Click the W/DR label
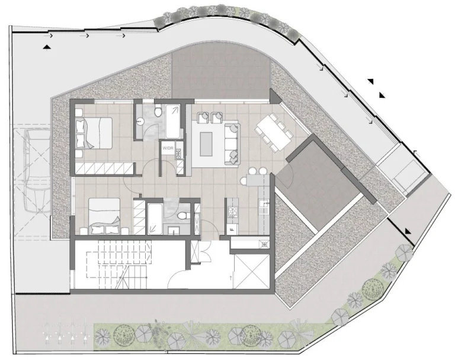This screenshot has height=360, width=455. click(167, 147)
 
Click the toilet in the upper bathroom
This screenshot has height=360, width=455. click(158, 111)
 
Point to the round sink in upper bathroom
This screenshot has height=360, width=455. click(140, 120)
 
